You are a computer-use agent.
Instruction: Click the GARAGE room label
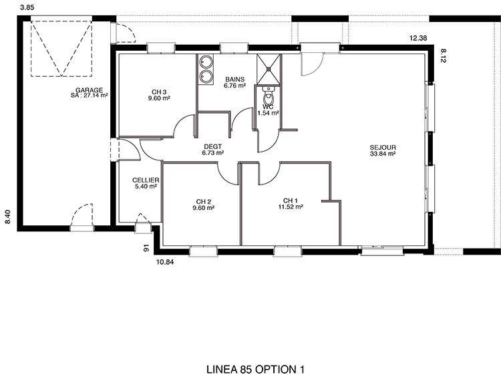89,90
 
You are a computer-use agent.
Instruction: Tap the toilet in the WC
269,95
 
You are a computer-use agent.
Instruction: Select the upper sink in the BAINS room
206,61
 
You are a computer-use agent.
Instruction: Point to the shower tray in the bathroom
269,69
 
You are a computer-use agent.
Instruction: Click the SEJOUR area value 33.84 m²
383,154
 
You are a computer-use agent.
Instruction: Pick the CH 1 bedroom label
291,201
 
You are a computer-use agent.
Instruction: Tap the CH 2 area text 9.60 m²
204,207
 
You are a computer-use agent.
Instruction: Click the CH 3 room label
159,92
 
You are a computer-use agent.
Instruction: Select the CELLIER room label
146,180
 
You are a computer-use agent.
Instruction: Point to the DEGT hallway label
213,146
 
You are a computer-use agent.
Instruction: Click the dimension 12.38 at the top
418,38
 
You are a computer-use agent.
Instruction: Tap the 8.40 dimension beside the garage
9,217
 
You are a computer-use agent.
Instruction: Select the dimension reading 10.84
165,263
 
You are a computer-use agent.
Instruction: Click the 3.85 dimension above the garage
27,7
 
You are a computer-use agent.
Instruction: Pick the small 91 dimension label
146,248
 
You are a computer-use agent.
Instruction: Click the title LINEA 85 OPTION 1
256,370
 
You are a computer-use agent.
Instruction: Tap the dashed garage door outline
61,49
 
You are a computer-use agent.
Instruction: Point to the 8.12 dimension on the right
443,55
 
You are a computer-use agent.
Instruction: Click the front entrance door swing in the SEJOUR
313,64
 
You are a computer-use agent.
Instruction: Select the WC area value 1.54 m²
269,113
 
